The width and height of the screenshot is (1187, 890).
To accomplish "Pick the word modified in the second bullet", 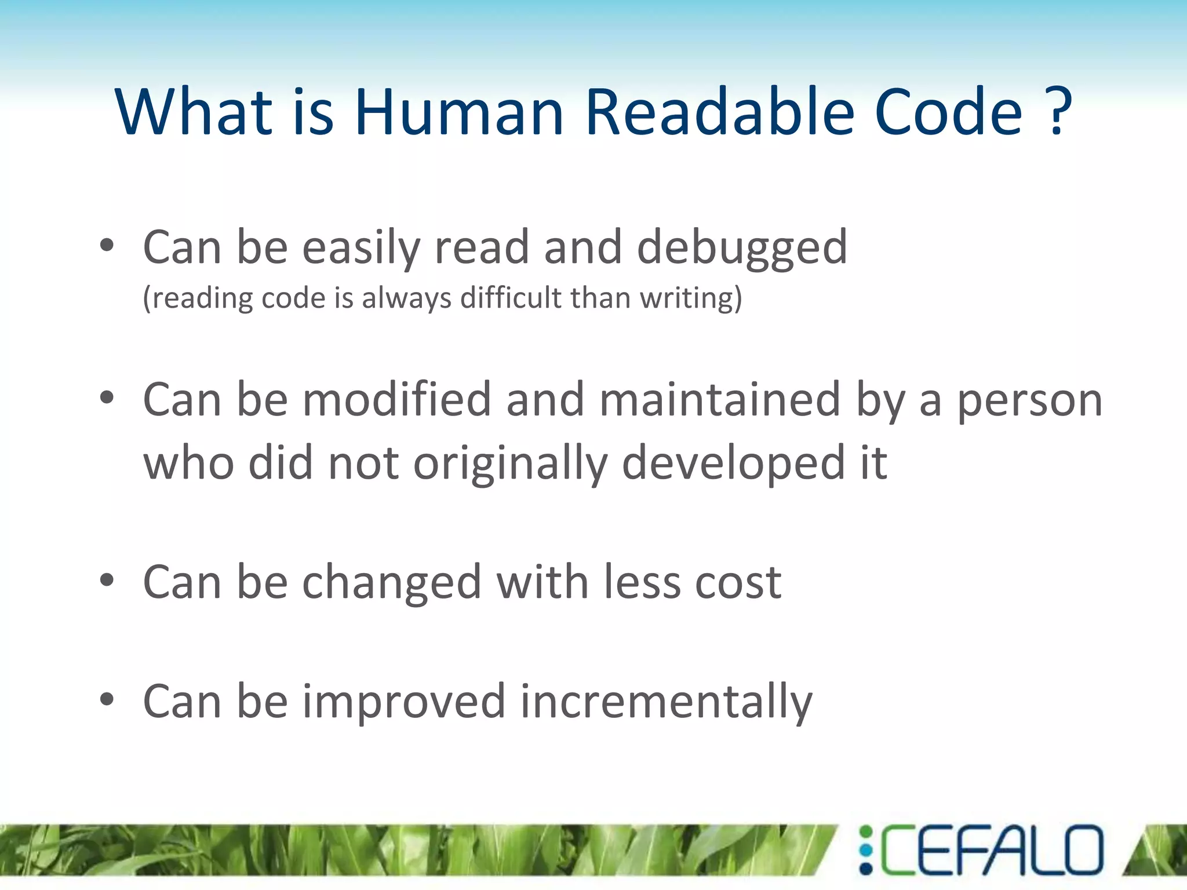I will click(397, 400).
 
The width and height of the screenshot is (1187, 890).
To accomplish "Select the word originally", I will click(510, 464).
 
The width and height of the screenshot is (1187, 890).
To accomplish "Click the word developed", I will click(734, 464).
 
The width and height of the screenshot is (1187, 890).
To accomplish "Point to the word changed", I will click(392, 582).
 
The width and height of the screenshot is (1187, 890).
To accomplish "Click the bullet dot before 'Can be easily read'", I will click(107, 246).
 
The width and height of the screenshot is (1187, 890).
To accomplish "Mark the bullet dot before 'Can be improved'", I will click(107, 699).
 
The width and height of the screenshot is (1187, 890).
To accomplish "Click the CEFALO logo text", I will click(991, 851).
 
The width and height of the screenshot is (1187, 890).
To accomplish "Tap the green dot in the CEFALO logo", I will click(865, 833).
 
